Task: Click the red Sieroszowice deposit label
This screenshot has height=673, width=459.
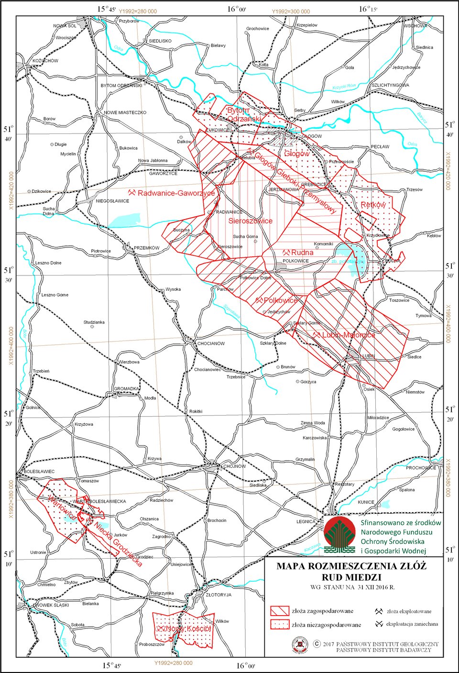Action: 250,221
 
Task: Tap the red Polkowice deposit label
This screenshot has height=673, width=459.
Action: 281,300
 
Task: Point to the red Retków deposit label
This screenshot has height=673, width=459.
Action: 373,205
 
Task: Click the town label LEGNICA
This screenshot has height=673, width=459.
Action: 306,521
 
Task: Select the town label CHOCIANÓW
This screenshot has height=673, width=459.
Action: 211,343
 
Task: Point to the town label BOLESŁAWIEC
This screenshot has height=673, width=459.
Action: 39,472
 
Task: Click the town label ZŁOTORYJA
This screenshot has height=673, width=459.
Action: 218,595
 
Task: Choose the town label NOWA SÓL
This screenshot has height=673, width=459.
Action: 65,26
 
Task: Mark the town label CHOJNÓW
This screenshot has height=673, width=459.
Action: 234,466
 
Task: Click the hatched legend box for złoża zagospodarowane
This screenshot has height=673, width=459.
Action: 280,611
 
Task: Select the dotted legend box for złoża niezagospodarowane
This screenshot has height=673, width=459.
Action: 280,624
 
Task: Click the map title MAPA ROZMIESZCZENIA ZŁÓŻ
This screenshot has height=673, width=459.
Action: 351,566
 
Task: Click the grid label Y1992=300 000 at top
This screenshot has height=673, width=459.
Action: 291,11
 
